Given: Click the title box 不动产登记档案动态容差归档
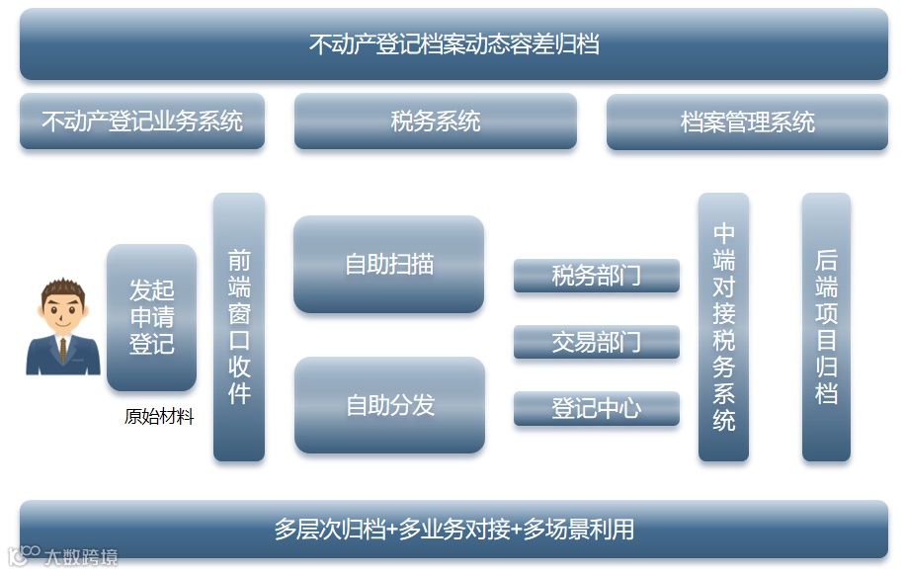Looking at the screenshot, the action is [x=453, y=44].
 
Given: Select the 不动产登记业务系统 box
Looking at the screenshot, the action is [x=142, y=122].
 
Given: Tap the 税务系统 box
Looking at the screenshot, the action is [x=435, y=122].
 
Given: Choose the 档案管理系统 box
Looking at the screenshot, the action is [x=747, y=123].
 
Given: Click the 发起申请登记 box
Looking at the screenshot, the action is [x=151, y=317].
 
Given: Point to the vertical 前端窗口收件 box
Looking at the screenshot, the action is [x=239, y=327].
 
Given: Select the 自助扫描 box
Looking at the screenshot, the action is [x=388, y=264].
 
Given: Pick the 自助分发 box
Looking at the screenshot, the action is [x=389, y=405].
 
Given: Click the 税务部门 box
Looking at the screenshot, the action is [x=596, y=276].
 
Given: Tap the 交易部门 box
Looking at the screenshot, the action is [x=596, y=342].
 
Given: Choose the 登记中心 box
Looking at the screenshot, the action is [x=596, y=408].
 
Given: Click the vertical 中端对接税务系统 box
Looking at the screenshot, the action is [x=723, y=327].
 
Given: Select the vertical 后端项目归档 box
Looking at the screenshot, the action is [x=826, y=327].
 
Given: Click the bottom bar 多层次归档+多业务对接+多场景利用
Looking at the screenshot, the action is [x=453, y=530].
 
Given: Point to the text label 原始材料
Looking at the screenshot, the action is [x=159, y=417].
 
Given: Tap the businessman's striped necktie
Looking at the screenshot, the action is [x=63, y=350].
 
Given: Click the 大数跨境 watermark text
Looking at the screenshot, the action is [x=79, y=557].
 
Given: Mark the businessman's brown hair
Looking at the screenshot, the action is [x=63, y=289].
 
